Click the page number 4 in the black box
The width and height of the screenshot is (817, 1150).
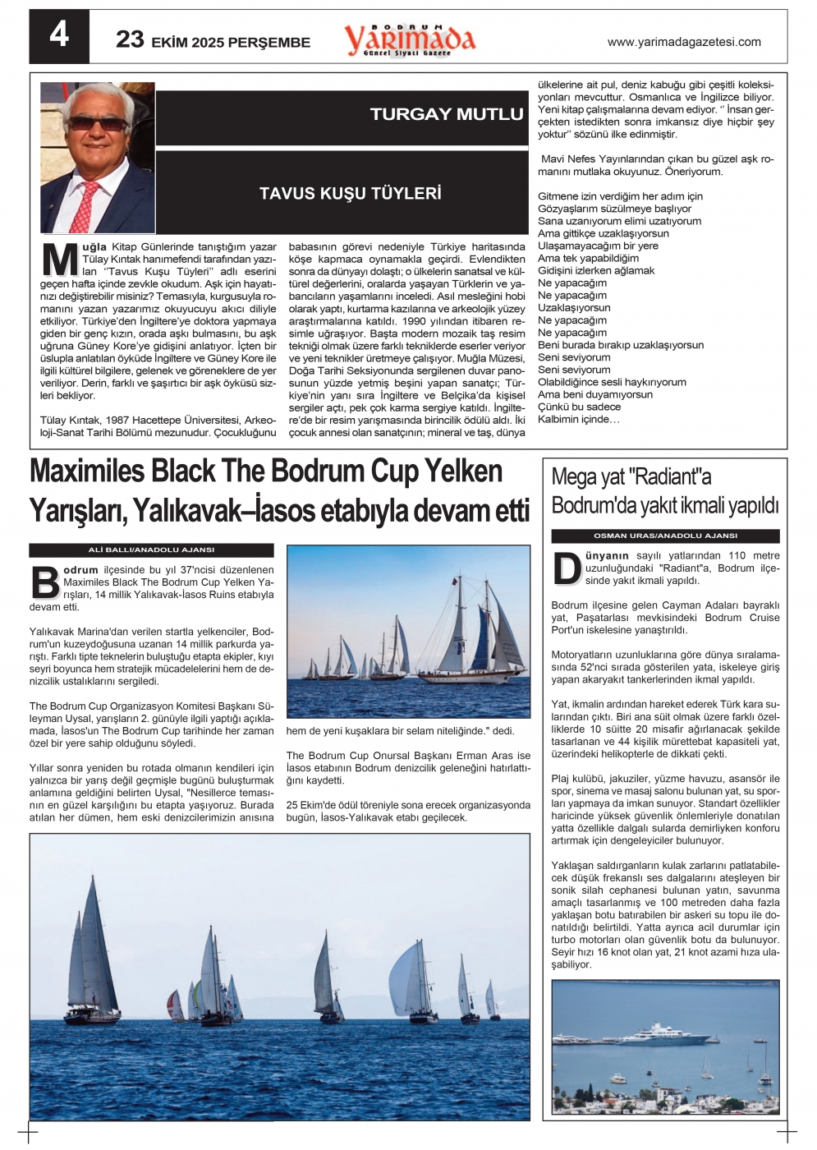pyautogui.click(x=59, y=35)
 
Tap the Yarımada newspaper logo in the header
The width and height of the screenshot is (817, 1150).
pyautogui.click(x=409, y=39)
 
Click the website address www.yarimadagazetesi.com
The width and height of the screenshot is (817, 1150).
pyautogui.click(x=683, y=42)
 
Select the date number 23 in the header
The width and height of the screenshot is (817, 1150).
pyautogui.click(x=130, y=39)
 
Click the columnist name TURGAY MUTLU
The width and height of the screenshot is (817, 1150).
pyautogui.click(x=446, y=114)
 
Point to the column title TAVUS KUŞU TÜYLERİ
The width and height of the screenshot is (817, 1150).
pyautogui.click(x=351, y=194)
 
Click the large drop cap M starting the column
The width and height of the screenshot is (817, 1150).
pyautogui.click(x=59, y=260)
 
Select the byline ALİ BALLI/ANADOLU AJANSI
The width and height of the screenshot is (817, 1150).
pyautogui.click(x=151, y=550)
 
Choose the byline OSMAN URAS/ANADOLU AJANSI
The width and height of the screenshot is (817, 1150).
pyautogui.click(x=665, y=536)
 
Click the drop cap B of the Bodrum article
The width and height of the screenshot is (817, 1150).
pyautogui.click(x=45, y=582)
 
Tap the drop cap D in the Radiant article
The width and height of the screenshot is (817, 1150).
pyautogui.click(x=567, y=568)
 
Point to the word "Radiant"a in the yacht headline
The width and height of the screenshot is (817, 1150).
pyautogui.click(x=670, y=477)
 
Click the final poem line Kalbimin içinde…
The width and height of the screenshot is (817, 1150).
pyautogui.click(x=578, y=420)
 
